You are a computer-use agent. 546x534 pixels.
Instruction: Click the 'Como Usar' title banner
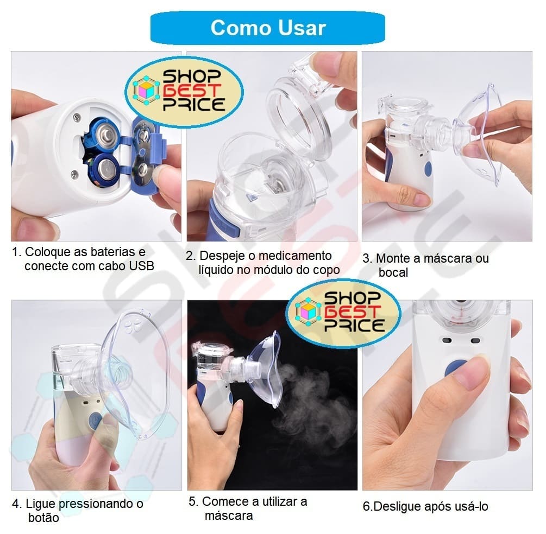point(267,28)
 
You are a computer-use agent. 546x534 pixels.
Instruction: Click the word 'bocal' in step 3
point(393,272)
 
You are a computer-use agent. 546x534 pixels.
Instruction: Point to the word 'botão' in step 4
point(43,518)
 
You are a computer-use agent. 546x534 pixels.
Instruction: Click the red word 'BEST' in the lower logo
point(351,312)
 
